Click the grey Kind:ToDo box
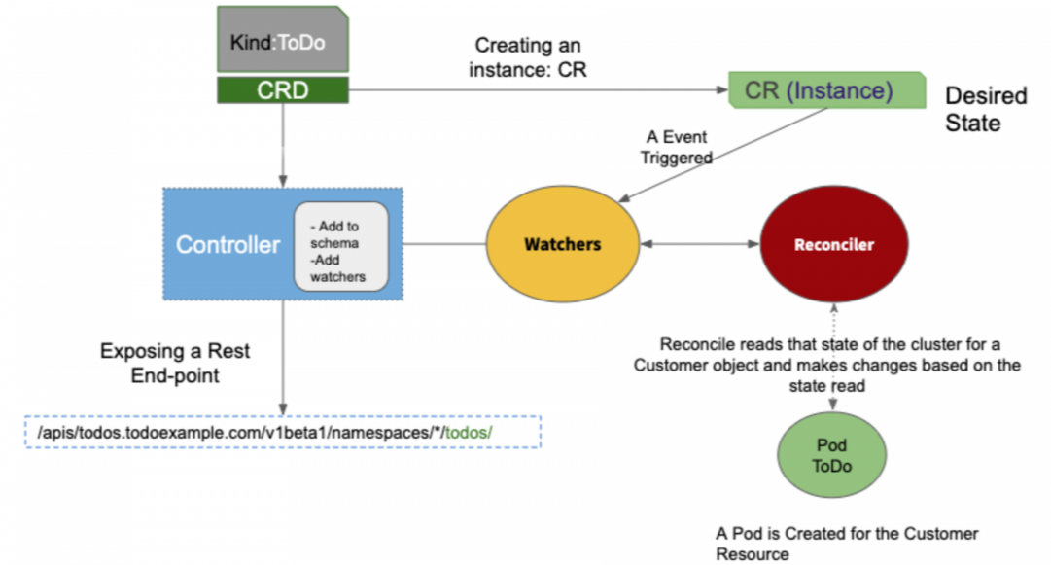click(x=283, y=39)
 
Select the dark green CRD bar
click(x=283, y=89)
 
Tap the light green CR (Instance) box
click(x=827, y=89)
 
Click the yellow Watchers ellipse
click(x=562, y=244)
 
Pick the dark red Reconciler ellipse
click(x=834, y=244)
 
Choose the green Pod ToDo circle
click(x=832, y=455)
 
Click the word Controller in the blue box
click(x=228, y=245)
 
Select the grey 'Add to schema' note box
click(x=341, y=247)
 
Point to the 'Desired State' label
click(x=986, y=109)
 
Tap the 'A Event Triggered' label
click(x=677, y=148)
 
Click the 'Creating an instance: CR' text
click(x=528, y=57)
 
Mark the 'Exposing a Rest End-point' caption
click(x=175, y=364)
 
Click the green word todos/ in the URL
click(x=469, y=433)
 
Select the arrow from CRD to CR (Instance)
click(x=539, y=89)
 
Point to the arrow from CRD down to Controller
click(x=283, y=146)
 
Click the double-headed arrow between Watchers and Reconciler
click(x=700, y=244)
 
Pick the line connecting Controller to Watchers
click(x=444, y=244)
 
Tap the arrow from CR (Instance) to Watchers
click(x=722, y=155)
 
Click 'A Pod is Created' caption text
click(x=847, y=544)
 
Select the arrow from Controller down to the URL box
click(x=283, y=358)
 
